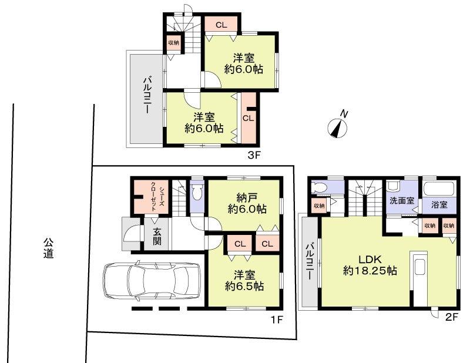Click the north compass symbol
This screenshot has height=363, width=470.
tap(338, 125)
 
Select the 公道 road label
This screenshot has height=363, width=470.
tap(48, 248)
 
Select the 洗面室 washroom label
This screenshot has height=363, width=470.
tap(401, 200)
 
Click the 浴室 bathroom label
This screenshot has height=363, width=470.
tap(439, 205)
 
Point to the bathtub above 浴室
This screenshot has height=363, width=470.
tap(439, 189)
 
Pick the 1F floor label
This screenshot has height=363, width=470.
tap(277, 320)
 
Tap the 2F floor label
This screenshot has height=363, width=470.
tap(451, 318)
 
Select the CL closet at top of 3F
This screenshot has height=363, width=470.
tap(221, 25)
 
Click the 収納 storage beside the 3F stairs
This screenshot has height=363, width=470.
tap(173, 43)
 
